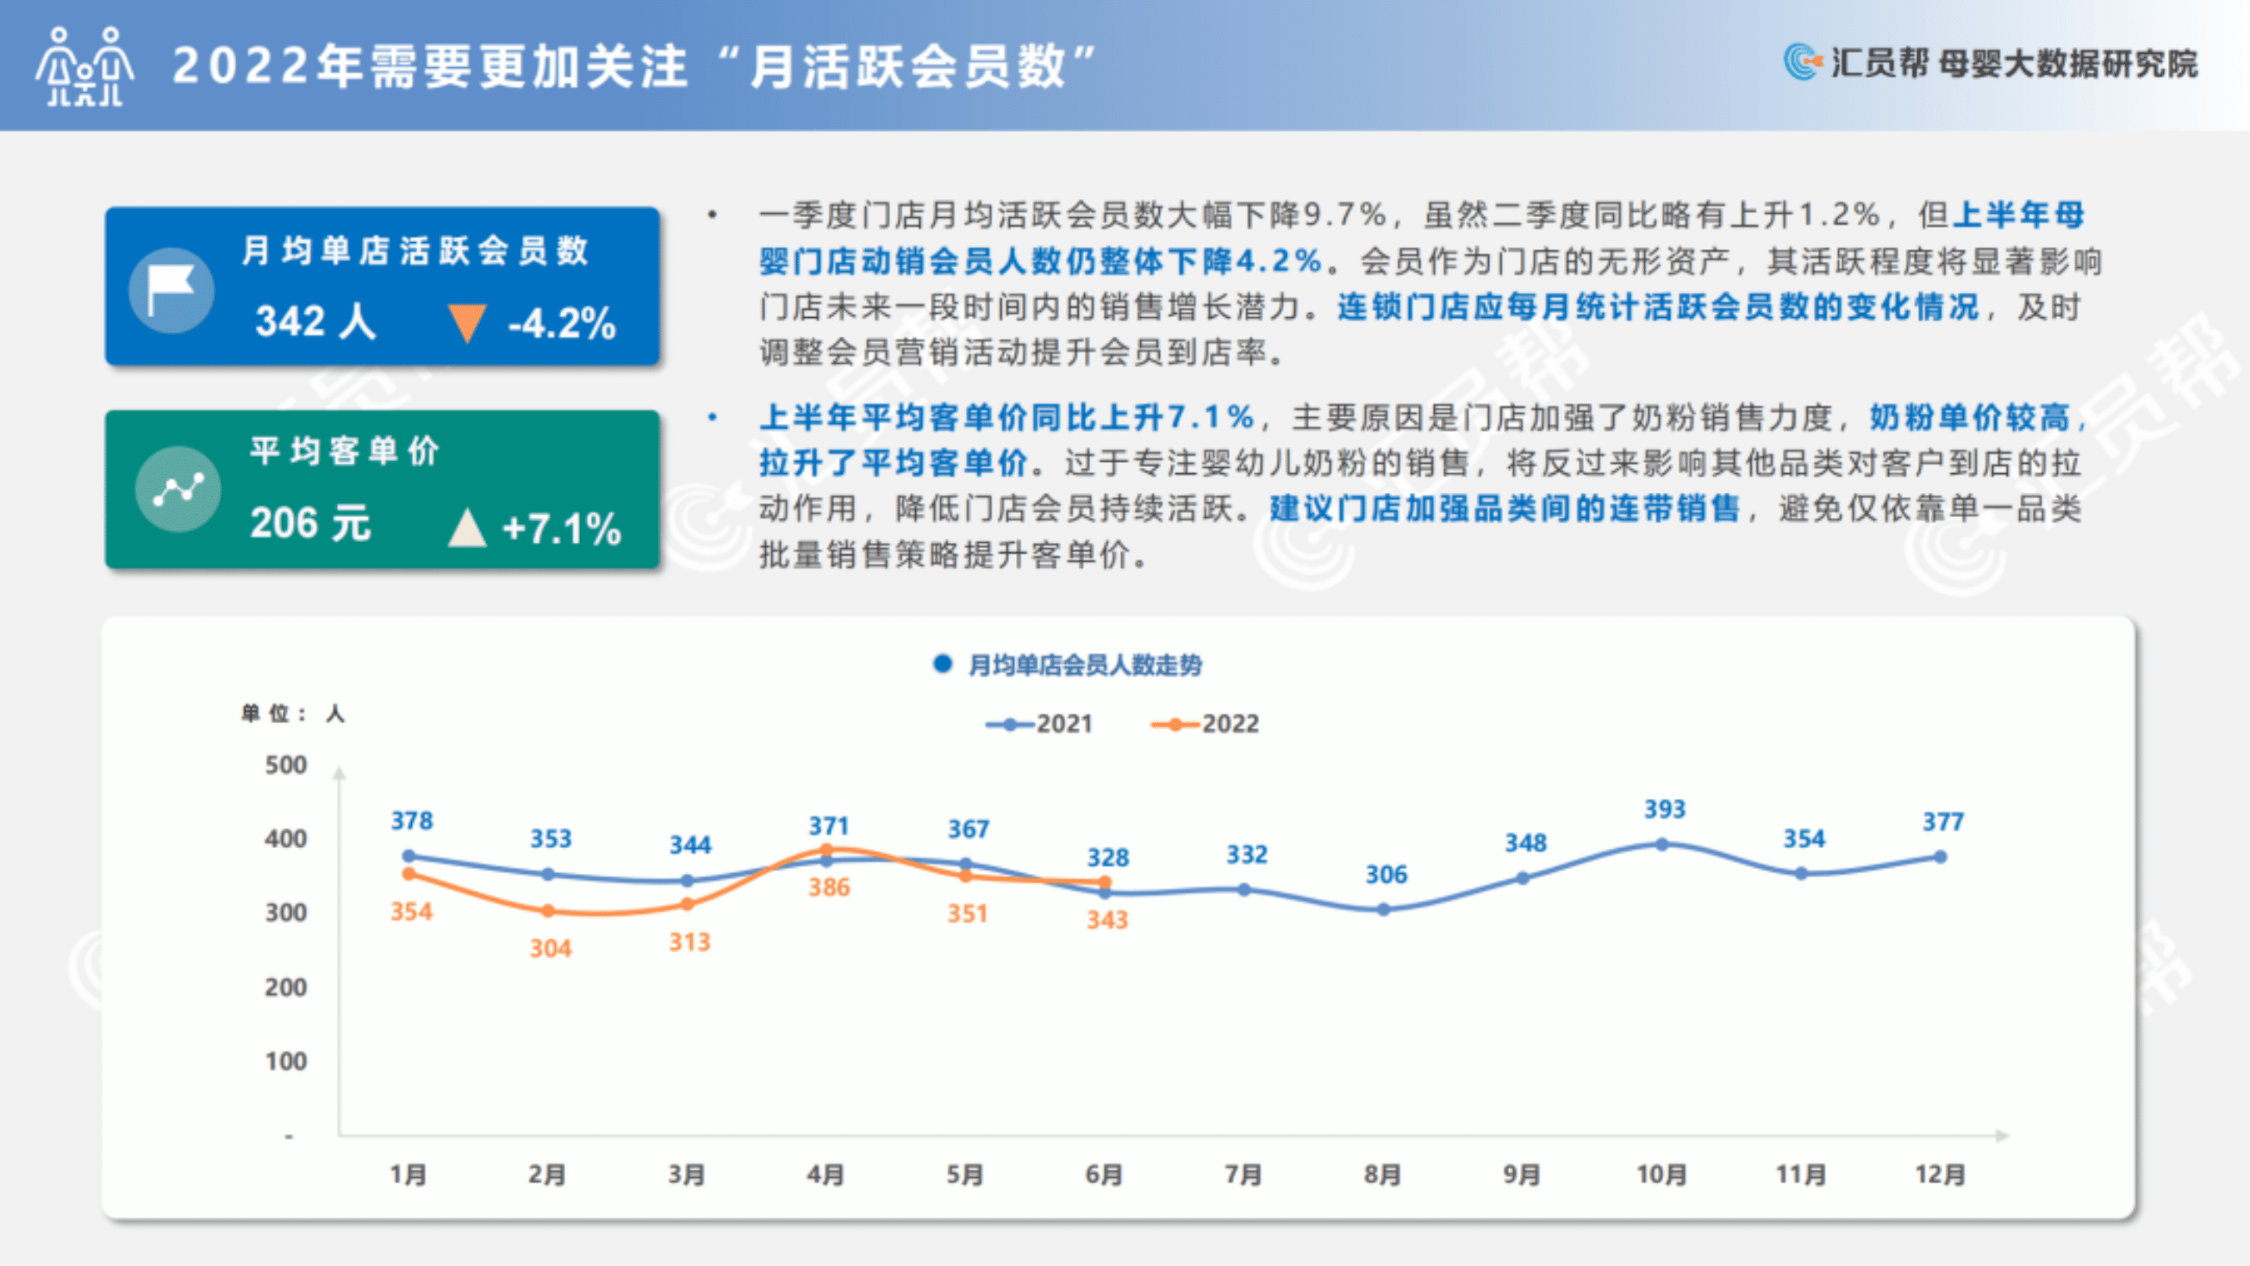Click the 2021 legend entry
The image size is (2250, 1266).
click(x=1039, y=724)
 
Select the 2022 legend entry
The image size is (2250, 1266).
click(x=1205, y=724)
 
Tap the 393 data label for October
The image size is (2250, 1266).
click(x=1665, y=809)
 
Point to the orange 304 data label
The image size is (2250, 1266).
click(x=550, y=948)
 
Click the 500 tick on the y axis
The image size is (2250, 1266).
click(x=285, y=765)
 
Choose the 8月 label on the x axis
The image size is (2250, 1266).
click(x=1383, y=1175)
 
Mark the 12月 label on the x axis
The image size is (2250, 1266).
click(x=1940, y=1175)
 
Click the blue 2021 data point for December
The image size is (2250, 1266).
click(x=1940, y=857)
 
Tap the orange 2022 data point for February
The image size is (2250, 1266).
click(x=548, y=911)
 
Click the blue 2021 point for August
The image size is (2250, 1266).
click(x=1383, y=909)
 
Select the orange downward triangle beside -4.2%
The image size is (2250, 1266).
click(x=467, y=323)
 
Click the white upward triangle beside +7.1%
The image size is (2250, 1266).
click(x=467, y=527)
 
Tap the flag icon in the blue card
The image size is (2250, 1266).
click(x=171, y=291)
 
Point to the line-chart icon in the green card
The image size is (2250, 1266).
click(x=178, y=489)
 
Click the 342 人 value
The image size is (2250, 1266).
click(x=315, y=321)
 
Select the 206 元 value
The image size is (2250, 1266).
click(x=310, y=524)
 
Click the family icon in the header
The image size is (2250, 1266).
click(x=84, y=66)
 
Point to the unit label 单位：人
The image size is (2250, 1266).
click(x=292, y=714)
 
